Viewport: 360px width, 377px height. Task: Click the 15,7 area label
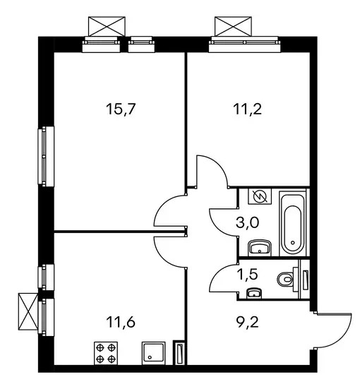(121, 109)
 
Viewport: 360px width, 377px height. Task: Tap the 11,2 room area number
(247, 109)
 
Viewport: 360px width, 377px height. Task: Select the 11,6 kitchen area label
(121, 322)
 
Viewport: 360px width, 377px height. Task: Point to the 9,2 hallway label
(247, 322)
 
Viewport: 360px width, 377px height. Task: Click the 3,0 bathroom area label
(247, 222)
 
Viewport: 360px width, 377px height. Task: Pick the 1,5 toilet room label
(248, 274)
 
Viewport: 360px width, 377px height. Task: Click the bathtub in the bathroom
(292, 222)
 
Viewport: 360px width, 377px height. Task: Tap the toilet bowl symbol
(286, 280)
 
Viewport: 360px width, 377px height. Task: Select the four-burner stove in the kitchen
(106, 353)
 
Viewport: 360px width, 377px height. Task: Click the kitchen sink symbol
(153, 353)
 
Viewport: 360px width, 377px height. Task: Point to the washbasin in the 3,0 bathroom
(260, 248)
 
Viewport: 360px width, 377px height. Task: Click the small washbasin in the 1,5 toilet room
(254, 293)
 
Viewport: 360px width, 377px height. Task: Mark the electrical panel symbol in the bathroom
(260, 196)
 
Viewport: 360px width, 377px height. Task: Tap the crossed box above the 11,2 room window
(233, 26)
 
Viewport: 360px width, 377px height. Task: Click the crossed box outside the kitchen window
(28, 311)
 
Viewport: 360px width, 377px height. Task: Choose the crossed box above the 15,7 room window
(107, 26)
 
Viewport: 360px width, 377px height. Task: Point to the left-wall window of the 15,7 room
(46, 156)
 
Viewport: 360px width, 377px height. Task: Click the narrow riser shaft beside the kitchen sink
(179, 353)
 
